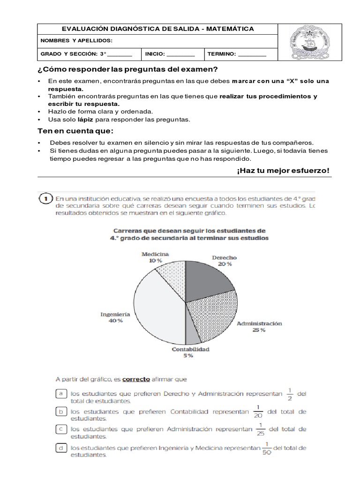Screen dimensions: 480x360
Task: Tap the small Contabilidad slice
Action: (x=193, y=334)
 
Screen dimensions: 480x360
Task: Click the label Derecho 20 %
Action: (x=224, y=261)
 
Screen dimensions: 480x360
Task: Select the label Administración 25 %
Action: (x=259, y=327)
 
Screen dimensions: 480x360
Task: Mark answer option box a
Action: (x=60, y=394)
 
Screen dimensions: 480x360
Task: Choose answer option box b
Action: (x=60, y=412)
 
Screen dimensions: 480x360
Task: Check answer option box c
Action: (x=60, y=429)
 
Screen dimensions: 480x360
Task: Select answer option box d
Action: (x=60, y=448)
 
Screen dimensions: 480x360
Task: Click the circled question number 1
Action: (x=45, y=199)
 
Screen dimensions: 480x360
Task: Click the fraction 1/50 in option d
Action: (x=267, y=448)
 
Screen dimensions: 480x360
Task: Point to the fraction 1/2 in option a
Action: (x=290, y=394)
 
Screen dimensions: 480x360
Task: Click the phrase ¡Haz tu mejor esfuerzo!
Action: (x=283, y=170)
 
